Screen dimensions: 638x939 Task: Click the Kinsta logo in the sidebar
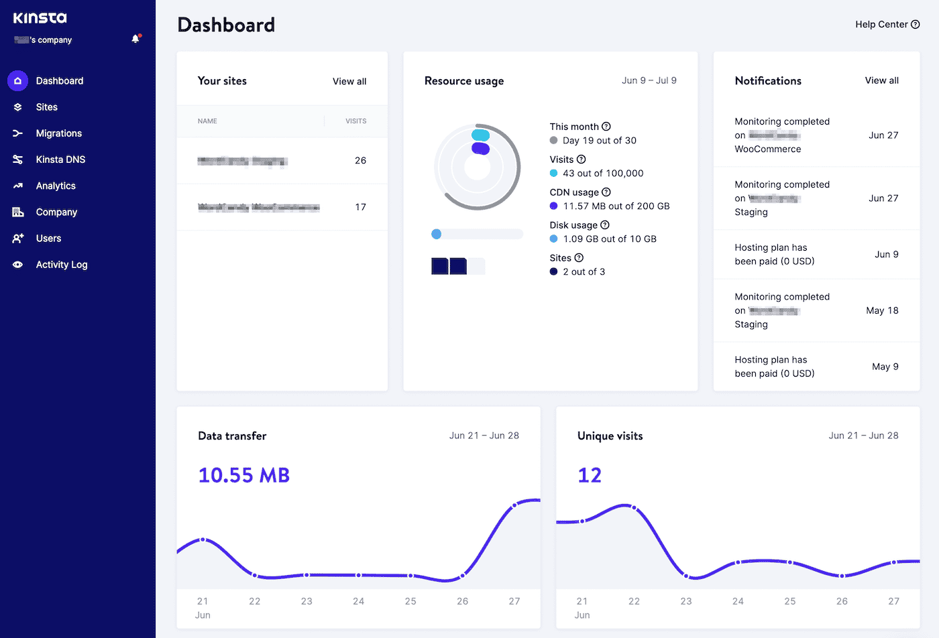pos(40,18)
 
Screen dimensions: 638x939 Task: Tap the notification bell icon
pos(135,39)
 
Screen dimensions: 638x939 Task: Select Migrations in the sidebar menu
pos(58,133)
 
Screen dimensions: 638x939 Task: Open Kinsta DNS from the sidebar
pos(60,159)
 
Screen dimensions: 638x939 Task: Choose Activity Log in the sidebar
pos(61,265)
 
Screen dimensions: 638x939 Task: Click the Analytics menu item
pos(56,186)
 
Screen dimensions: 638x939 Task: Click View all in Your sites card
pos(349,81)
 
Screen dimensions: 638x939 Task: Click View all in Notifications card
pos(881,80)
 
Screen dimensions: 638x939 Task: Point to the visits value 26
pos(360,160)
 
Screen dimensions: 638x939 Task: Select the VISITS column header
pos(355,121)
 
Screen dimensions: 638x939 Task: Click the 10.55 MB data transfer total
pos(244,475)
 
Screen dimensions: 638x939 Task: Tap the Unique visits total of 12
pos(590,475)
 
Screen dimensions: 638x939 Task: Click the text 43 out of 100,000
pos(603,173)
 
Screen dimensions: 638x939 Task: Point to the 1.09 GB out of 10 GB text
pos(610,239)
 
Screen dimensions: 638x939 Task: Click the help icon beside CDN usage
pos(606,192)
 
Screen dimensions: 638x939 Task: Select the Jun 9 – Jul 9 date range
pos(649,80)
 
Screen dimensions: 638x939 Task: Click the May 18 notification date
pos(882,310)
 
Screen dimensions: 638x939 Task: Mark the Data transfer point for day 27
pos(514,506)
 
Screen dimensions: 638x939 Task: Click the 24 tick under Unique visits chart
pos(738,601)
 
